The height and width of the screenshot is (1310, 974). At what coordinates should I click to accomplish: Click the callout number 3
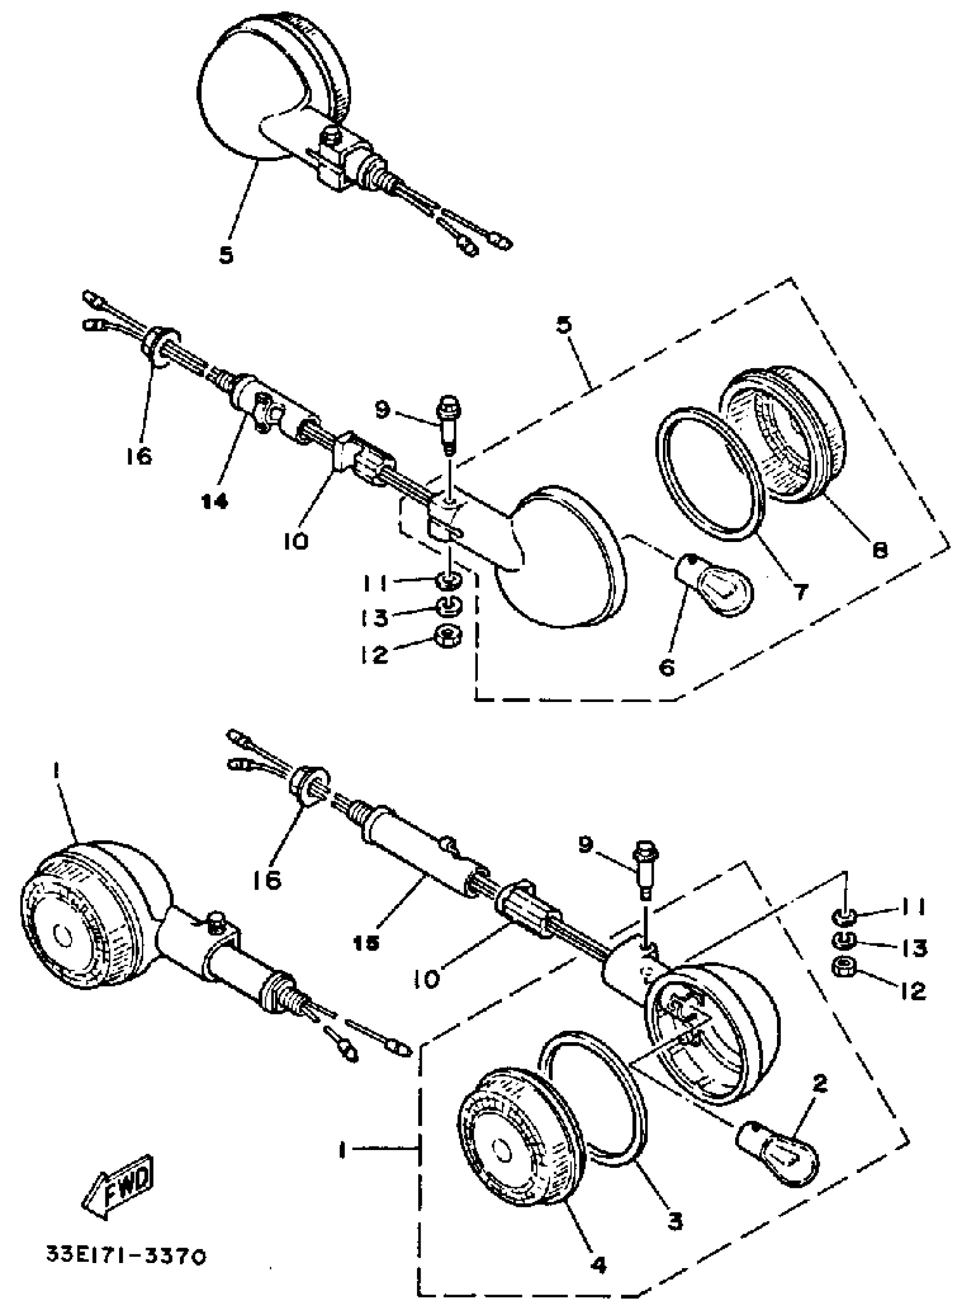pos(674,1219)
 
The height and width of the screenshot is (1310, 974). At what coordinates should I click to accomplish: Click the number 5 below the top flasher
pos(226,255)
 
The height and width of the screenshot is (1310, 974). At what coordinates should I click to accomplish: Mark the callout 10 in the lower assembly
pos(430,979)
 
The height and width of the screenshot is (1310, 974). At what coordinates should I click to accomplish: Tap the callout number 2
pos(819,1083)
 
